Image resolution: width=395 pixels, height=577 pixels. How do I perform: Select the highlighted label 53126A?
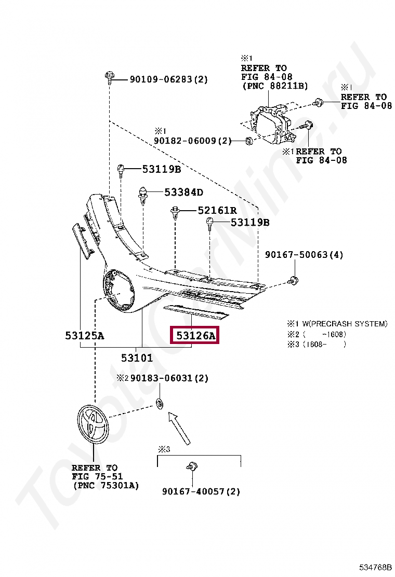[x=195, y=336]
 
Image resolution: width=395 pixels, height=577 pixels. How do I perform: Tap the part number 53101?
[x=137, y=358]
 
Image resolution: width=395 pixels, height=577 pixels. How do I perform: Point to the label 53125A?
[x=84, y=336]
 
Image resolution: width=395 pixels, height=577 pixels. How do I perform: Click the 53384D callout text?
[x=183, y=193]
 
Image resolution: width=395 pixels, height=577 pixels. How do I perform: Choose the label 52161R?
[x=217, y=210]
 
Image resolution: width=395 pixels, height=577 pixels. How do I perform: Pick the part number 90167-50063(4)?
[x=304, y=255]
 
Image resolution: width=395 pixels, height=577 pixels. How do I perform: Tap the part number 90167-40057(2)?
[x=201, y=491]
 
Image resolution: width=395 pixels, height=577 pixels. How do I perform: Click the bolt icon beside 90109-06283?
[x=109, y=78]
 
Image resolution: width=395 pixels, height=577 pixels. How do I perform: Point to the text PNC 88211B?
[x=275, y=86]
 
